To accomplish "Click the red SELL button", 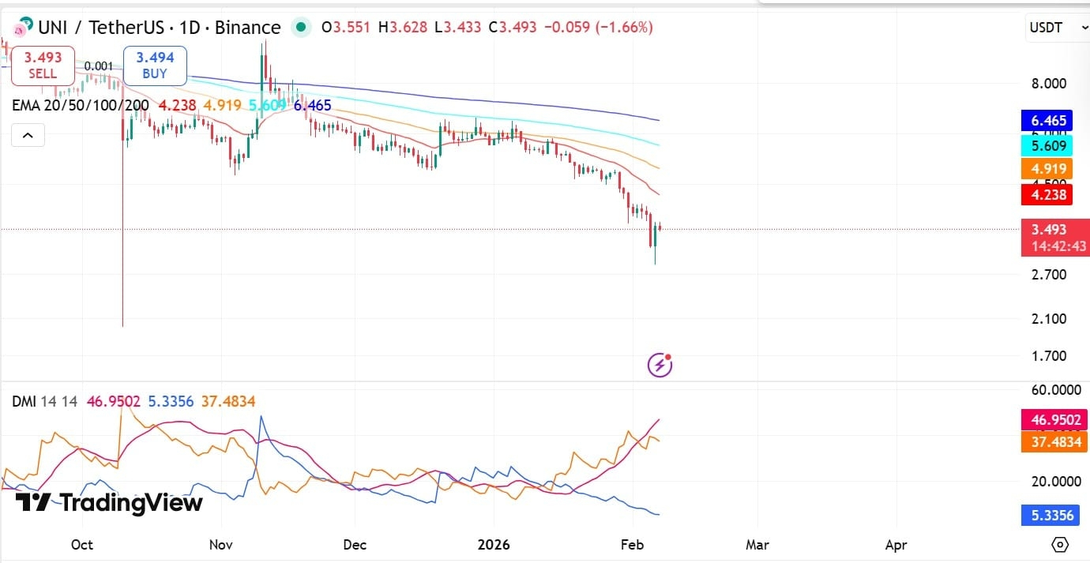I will coord(43,66).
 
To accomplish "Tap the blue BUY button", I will coord(155,66).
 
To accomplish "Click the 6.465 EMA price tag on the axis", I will coord(1048,121).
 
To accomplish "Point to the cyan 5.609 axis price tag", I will coord(1048,145).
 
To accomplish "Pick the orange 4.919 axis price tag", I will coord(1048,168).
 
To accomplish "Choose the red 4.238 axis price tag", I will coord(1048,193).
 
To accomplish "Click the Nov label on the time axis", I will coord(221,545).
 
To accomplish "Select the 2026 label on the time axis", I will coord(494,545).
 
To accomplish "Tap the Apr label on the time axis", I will coord(896,545).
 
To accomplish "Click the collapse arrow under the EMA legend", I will coord(28,136).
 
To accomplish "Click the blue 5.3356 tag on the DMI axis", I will coord(1048,516).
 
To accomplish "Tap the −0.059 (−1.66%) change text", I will coord(603,28).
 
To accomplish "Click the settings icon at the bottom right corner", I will coord(1060,545).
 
